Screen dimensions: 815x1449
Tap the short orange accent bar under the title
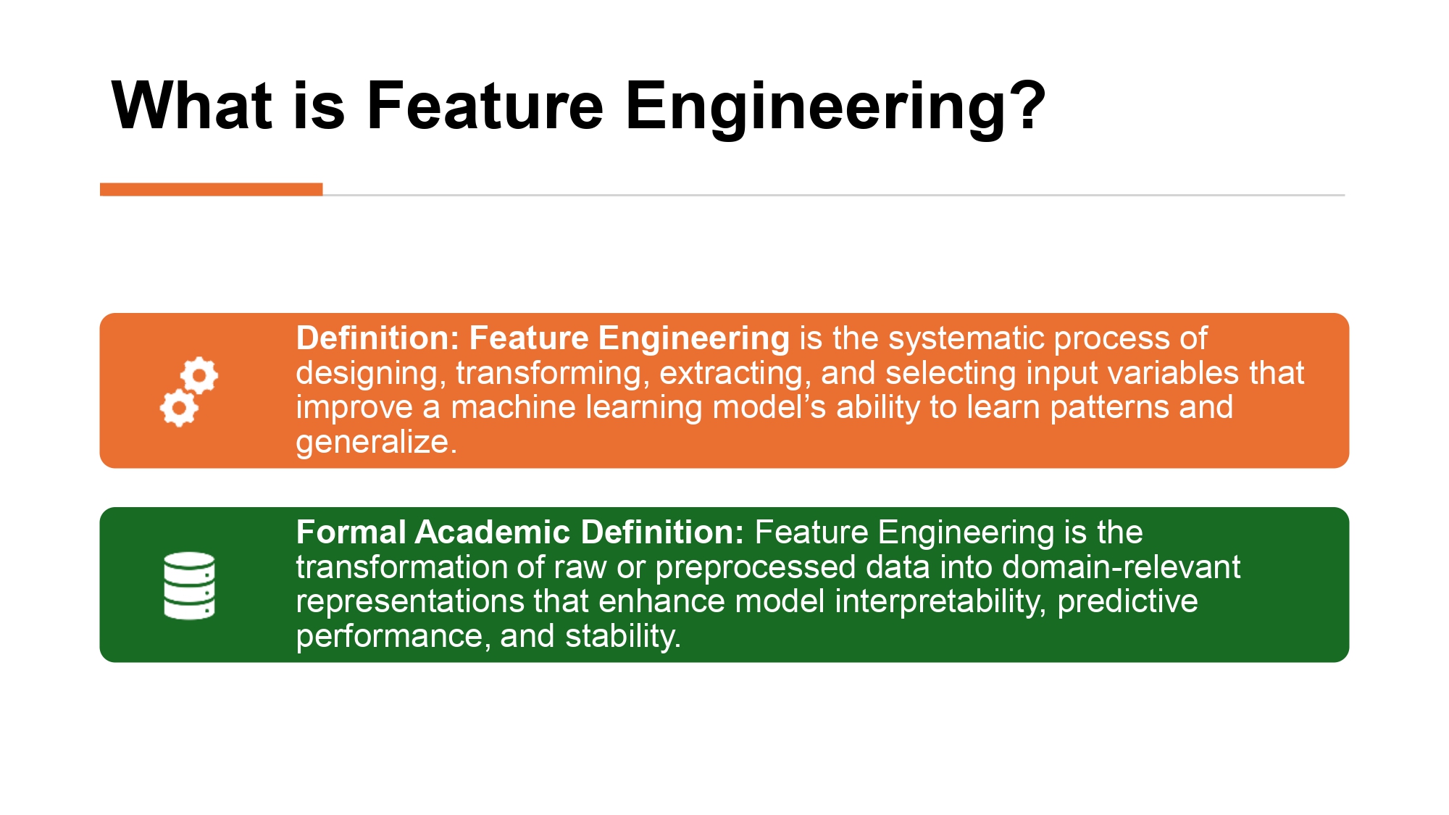(211, 189)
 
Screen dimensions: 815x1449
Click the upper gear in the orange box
(199, 375)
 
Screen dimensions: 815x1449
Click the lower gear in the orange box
(179, 408)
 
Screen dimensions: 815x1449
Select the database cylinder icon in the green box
(189, 585)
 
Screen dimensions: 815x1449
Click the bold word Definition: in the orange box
(377, 338)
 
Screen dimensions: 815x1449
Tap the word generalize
(376, 442)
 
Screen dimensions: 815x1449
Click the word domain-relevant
(1121, 567)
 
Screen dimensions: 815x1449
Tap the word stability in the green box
(622, 636)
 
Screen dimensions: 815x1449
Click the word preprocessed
(756, 567)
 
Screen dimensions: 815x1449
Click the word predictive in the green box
(1127, 601)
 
